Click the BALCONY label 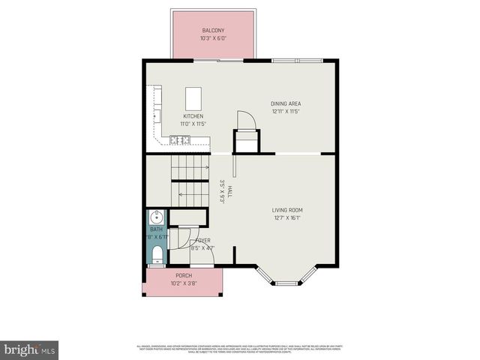(212, 31)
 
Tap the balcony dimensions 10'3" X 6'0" (212, 39)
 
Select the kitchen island (193, 98)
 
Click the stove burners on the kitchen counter (179, 139)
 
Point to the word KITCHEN (193, 116)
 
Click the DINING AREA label (286, 103)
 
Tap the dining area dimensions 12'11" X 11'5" (286, 112)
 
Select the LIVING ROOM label (288, 211)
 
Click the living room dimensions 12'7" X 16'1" (288, 219)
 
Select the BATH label (156, 229)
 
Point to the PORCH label (184, 276)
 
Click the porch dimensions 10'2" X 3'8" (184, 284)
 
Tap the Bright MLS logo (29, 349)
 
